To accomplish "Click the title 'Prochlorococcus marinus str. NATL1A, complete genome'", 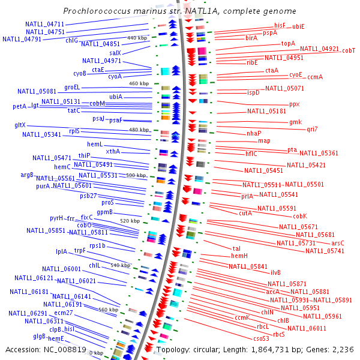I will (179, 11).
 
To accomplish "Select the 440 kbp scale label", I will (137, 38).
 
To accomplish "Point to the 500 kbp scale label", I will (136, 175).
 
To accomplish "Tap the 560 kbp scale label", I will (109, 310).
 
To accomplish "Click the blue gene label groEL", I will (72, 88).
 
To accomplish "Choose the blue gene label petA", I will (20, 106).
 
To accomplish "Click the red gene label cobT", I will (349, 52).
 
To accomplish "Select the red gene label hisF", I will (280, 25).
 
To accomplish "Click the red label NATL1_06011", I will (307, 328).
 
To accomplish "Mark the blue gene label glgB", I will (40, 336).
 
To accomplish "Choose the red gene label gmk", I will (296, 122).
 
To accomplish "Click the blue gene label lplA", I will (62, 252).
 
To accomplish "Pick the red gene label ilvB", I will (275, 272).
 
